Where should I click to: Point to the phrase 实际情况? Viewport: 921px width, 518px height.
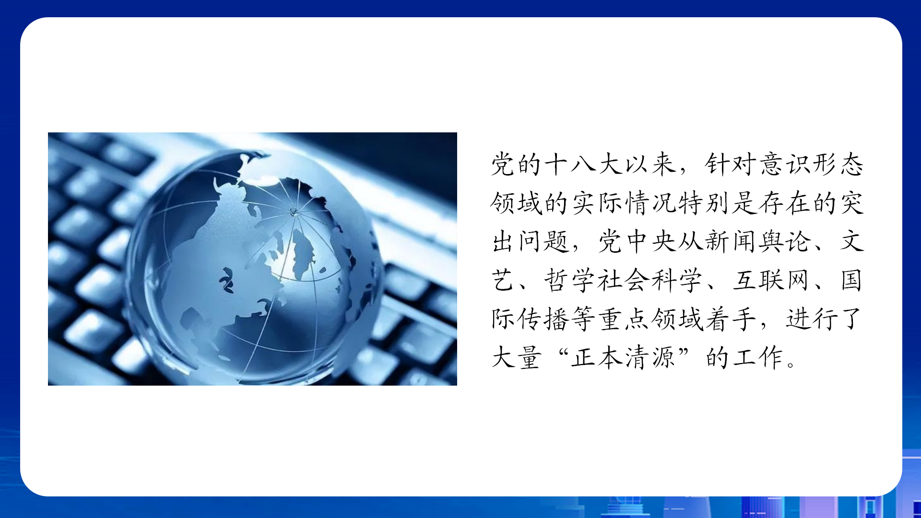pos(625,203)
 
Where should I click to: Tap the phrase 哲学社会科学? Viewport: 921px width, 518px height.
pos(623,280)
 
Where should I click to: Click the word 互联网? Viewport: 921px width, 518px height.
pos(771,280)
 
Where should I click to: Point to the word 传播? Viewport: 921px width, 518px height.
pos(543,319)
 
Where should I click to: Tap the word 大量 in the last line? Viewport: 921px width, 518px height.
pos(517,357)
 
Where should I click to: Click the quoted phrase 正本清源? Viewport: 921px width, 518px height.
pos(623,357)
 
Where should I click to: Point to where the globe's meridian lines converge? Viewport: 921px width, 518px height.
pos(294,212)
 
